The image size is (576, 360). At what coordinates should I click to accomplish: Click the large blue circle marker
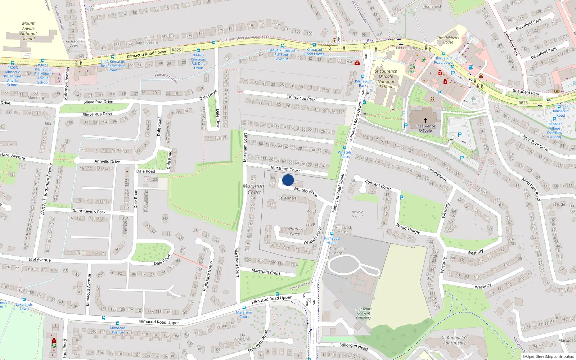point(288,180)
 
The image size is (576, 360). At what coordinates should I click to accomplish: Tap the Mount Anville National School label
point(28,31)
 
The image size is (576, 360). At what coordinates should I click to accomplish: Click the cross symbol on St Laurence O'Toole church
point(425,120)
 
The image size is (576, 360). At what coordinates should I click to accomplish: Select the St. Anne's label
point(287,198)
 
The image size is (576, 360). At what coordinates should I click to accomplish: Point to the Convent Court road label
point(378,185)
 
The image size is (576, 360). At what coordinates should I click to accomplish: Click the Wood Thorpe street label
point(408,229)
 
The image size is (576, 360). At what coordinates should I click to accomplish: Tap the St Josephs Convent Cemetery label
point(363,313)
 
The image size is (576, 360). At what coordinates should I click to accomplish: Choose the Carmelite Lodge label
point(337,251)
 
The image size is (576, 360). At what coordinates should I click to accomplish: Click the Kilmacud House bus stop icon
point(332,234)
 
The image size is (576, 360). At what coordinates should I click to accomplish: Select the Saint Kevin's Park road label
point(89,211)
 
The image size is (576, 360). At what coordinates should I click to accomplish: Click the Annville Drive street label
point(107,162)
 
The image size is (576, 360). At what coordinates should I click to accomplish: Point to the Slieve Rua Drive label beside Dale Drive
point(98,102)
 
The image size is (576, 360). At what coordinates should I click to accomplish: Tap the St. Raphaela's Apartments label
point(454,340)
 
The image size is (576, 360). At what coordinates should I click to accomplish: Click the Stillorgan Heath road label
point(354,347)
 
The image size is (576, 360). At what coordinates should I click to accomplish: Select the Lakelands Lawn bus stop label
point(24,306)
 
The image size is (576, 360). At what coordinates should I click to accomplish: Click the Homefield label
point(432,6)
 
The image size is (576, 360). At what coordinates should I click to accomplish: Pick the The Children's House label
point(448,40)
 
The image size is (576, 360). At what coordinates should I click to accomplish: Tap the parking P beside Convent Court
point(401,197)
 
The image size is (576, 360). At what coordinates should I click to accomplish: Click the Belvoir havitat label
point(357,214)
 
